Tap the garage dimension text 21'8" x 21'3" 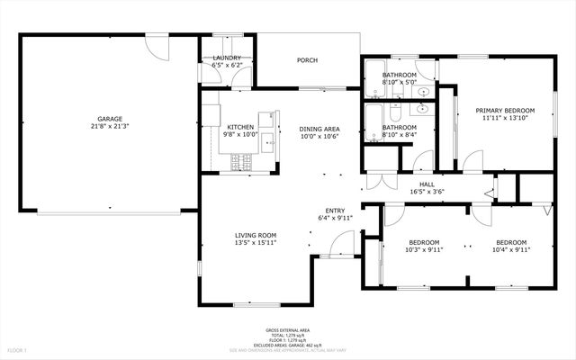pos(110,126)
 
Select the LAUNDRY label pos(226,58)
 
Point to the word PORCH pos(308,60)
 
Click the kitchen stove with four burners pos(241,162)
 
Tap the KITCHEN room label pos(240,127)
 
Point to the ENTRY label pos(335,210)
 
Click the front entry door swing pos(341,241)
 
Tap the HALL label pos(427,183)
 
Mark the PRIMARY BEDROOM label pos(501,110)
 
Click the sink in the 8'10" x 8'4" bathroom pos(422,109)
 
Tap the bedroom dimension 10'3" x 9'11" pos(425,250)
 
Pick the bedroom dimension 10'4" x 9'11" pos(511,250)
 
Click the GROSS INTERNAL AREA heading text pos(287,330)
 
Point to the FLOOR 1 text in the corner pos(18,349)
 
